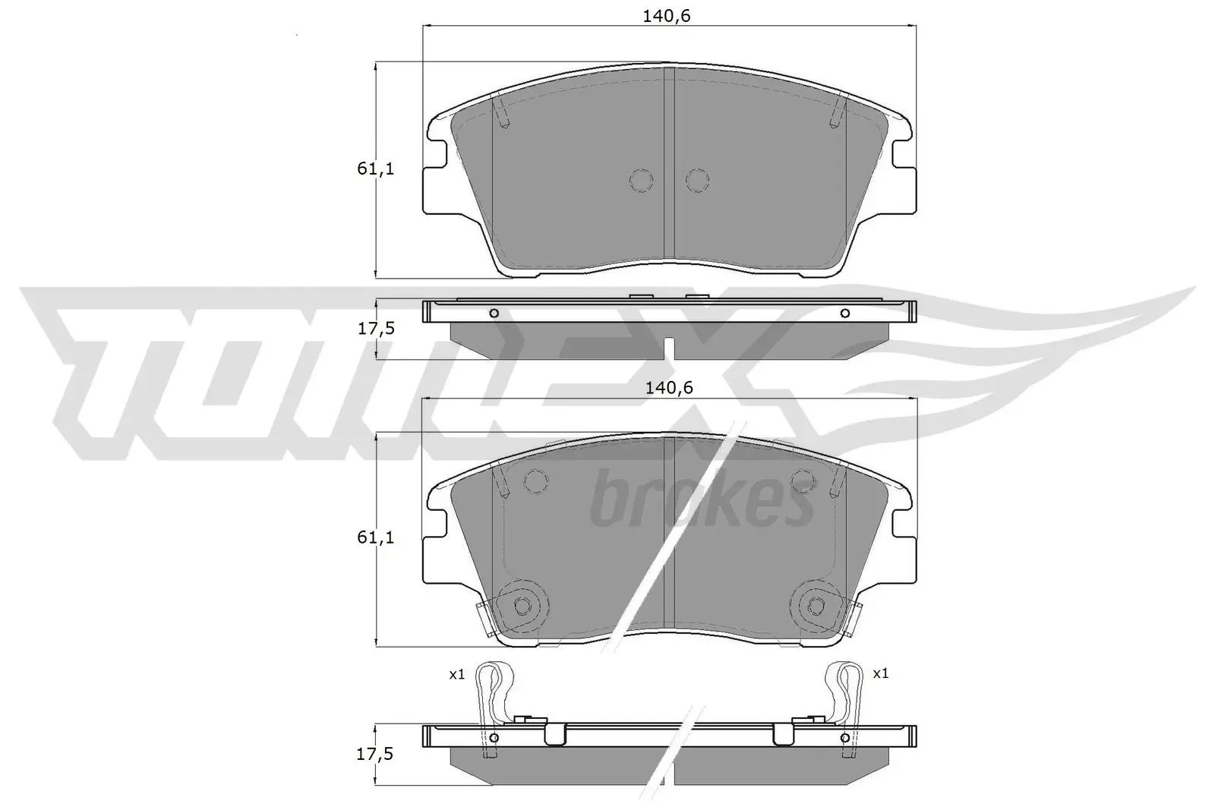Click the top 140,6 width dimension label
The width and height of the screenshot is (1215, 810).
[666, 15]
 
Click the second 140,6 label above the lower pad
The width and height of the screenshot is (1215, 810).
[669, 387]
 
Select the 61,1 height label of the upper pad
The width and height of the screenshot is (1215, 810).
[376, 169]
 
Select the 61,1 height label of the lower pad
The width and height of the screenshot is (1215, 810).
[376, 537]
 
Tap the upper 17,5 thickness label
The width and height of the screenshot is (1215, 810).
[376, 329]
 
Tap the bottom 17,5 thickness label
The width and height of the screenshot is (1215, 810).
[376, 754]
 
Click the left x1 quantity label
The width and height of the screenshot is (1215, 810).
[456, 673]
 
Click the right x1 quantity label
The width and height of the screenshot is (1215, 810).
[880, 673]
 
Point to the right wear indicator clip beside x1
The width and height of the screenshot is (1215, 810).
[844, 698]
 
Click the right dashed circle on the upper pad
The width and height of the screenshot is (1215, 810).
[696, 180]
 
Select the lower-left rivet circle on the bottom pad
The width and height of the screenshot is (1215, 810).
[522, 605]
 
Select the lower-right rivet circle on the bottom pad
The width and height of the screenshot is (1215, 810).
[816, 605]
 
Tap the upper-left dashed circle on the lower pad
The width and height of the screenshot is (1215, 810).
[536, 481]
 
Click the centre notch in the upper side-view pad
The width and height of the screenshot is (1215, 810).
[668, 348]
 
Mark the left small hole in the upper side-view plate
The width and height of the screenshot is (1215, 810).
[494, 314]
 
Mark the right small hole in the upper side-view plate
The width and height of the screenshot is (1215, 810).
[844, 314]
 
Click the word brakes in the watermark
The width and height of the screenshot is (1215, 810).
[700, 502]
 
